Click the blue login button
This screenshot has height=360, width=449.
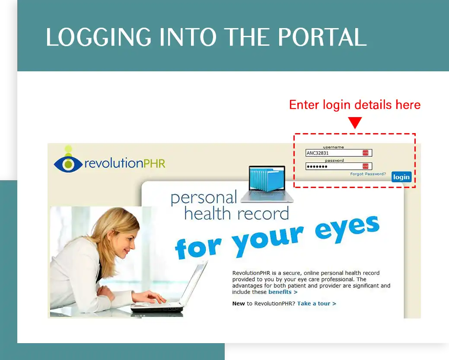click(401, 177)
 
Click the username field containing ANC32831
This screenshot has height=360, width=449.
click(339, 153)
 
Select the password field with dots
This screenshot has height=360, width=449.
click(339, 166)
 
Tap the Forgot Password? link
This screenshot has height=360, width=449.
click(368, 174)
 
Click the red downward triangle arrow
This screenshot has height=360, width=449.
click(355, 122)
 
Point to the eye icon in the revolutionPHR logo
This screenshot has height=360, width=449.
click(68, 163)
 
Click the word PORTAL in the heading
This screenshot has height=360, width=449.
click(322, 37)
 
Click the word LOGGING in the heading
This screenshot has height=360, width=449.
click(99, 37)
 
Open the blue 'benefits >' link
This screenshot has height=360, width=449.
click(283, 292)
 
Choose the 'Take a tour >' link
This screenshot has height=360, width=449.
click(317, 303)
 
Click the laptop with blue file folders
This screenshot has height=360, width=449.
click(267, 184)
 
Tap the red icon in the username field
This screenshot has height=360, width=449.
click(366, 153)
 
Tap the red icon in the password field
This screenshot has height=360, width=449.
click(366, 166)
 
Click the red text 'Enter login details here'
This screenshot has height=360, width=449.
click(355, 105)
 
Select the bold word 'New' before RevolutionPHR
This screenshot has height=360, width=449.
click(239, 303)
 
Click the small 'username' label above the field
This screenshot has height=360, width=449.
click(333, 147)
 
